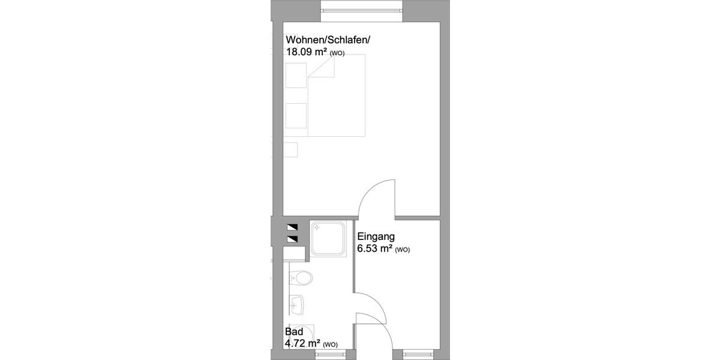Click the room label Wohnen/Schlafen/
tap(328, 40)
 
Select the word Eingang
tap(376, 236)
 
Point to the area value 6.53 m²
tap(374, 248)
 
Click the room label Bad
tap(293, 332)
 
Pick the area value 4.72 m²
tap(302, 344)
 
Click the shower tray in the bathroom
tap(328, 239)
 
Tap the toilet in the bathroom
tap(301, 278)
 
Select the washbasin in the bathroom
tap(298, 305)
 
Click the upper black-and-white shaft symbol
tap(292, 228)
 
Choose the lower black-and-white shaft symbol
tap(292, 239)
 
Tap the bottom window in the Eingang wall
tap(418, 355)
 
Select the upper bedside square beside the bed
tap(296, 74)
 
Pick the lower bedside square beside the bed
tap(296, 115)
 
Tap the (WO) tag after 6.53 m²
tap(403, 250)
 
